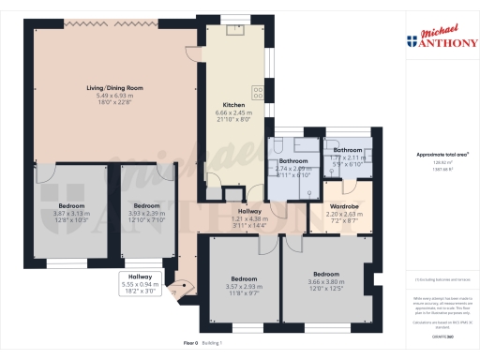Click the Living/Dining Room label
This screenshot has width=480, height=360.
tap(109, 89)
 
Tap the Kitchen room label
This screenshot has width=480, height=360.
tap(233, 104)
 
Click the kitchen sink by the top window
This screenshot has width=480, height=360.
tap(235, 29)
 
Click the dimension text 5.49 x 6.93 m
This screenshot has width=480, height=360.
tap(109, 97)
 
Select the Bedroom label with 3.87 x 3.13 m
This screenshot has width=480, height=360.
tap(72, 205)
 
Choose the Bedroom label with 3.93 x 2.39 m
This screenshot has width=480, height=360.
tap(147, 205)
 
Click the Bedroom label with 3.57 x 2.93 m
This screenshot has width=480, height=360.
tap(244, 279)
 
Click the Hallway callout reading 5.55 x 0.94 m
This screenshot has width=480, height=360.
tap(140, 277)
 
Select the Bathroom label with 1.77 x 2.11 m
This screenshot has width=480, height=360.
tap(347, 150)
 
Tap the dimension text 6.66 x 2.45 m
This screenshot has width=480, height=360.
tap(233, 112)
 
